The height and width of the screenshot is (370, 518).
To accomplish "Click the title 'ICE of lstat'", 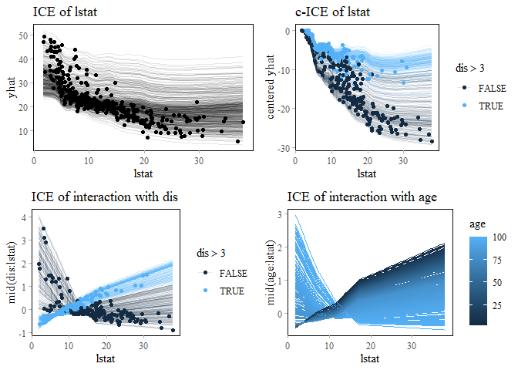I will (x=66, y=12).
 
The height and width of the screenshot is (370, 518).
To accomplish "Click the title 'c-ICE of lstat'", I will (x=332, y=12).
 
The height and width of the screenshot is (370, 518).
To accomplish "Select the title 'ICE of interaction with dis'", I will (x=105, y=197).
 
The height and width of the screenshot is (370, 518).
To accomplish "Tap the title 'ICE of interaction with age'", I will (x=362, y=197).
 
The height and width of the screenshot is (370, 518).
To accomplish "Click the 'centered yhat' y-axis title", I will (x=272, y=88).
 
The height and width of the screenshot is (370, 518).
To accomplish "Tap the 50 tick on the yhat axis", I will (x=23, y=36).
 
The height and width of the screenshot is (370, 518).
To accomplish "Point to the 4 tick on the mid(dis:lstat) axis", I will (x=25, y=217).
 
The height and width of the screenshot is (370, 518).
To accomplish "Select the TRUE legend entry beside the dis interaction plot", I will (x=231, y=291).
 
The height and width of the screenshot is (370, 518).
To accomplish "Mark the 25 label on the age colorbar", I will (x=497, y=305).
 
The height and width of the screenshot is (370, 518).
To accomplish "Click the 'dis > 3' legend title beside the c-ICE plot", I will (x=471, y=69).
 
